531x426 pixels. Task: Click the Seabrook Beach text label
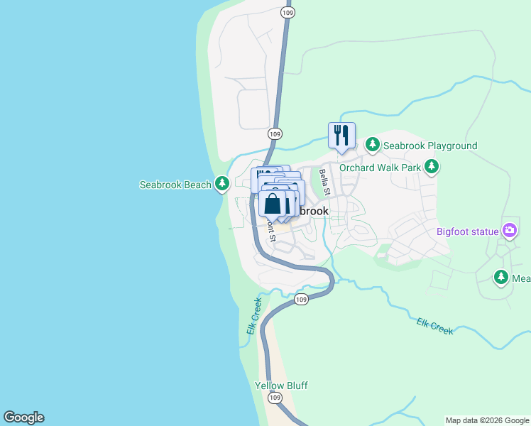[175, 185]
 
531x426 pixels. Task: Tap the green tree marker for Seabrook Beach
[222, 185]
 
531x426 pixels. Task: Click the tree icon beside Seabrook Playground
[373, 145]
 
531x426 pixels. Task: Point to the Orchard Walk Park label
[380, 168]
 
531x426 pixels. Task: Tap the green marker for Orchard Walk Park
[432, 168]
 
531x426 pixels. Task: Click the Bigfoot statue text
[468, 231]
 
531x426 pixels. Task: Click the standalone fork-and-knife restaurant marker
[341, 135]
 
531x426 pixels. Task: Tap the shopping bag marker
[273, 204]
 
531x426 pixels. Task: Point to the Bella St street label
[324, 182]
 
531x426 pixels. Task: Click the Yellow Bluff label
[281, 386]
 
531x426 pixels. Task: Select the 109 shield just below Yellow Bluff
[275, 398]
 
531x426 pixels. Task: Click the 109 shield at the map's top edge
[288, 13]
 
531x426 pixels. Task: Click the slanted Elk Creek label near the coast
[255, 316]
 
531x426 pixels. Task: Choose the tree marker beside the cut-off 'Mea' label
[501, 278]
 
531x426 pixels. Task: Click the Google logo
[23, 417]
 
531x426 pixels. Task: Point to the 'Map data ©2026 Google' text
[488, 420]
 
